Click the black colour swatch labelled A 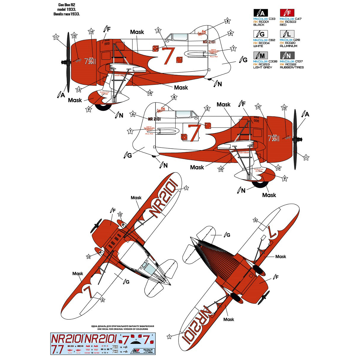pos(260,12)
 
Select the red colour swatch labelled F pos(287,12)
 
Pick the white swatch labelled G pos(260,34)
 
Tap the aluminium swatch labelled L pos(287,34)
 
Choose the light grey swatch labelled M pos(260,55)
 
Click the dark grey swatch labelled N pos(287,55)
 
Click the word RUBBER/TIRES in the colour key pos(292,67)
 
